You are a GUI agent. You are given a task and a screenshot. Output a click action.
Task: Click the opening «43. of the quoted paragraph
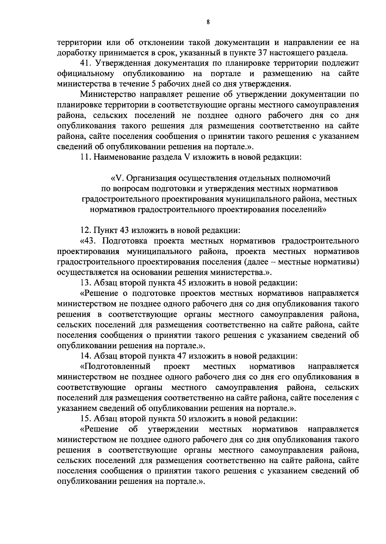pyautogui.click(x=90, y=241)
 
